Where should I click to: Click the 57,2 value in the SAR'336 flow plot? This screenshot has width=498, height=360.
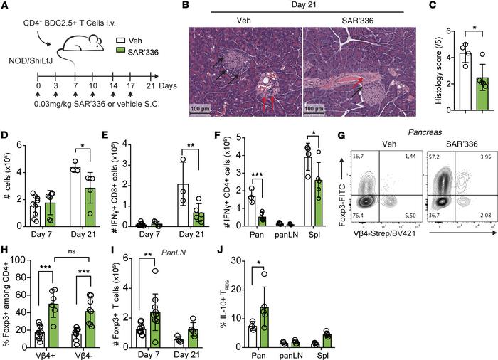[x=434, y=155]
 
